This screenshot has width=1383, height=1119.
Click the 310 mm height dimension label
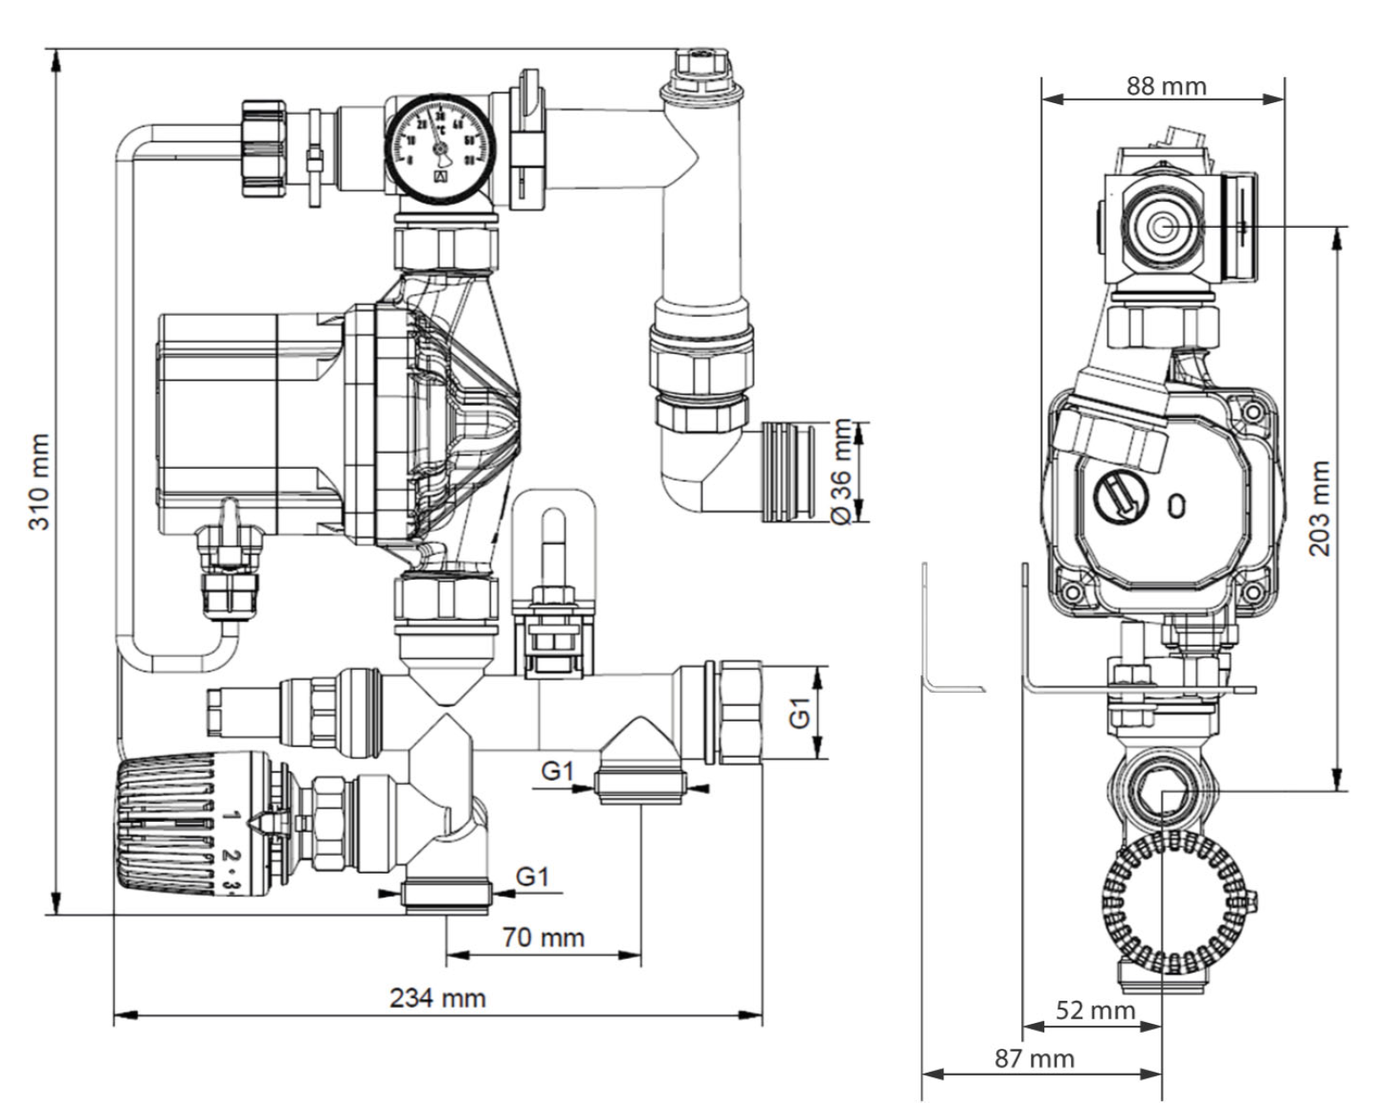pos(38,481)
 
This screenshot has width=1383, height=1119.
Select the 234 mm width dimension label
pos(438,997)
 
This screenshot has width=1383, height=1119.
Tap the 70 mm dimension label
pos(543,937)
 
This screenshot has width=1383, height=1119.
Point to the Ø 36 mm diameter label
pos(842,471)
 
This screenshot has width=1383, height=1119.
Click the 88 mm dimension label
pos(1166,86)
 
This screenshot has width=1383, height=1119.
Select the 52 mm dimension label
pos(1095,1010)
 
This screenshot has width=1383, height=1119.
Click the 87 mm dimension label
pos(1033,1059)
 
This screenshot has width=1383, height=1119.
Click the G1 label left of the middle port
pos(558,771)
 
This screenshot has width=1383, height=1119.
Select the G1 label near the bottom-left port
pos(533,877)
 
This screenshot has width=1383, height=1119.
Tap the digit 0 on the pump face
pos(1177,506)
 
